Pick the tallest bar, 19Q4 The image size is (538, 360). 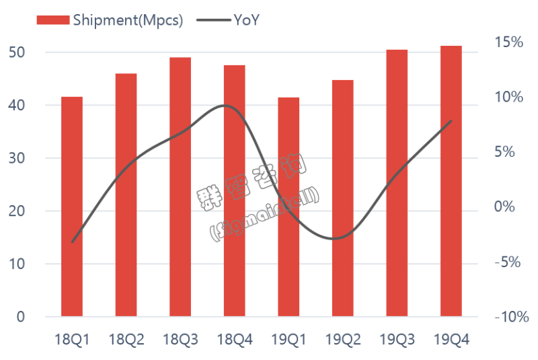451,181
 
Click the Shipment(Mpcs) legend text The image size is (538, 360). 128,20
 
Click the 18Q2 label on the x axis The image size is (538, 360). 126,340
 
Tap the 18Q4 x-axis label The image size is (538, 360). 235,340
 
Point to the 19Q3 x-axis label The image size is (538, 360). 397,340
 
